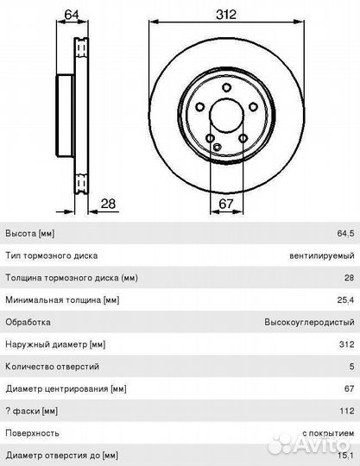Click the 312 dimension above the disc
tap(226, 15)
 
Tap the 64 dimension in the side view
tap(72, 15)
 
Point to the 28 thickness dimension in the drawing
tap(108, 204)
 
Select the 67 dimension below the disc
tap(226, 204)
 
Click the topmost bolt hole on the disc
tap(226, 88)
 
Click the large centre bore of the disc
tap(226, 116)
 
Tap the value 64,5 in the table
tap(345, 233)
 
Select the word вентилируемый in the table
tap(322, 255)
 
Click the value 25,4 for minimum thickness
tap(345, 299)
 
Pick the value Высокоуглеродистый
tap(309, 322)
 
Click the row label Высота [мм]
tap(30, 233)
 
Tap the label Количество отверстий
tap(53, 367)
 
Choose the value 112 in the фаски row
tap(347, 411)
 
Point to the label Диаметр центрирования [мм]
tap(66, 388)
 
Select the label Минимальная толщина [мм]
tap(62, 299)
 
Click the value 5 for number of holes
tap(351, 367)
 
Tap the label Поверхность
tap(32, 433)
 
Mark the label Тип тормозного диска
tap(52, 255)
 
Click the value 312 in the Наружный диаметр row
tap(347, 344)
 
